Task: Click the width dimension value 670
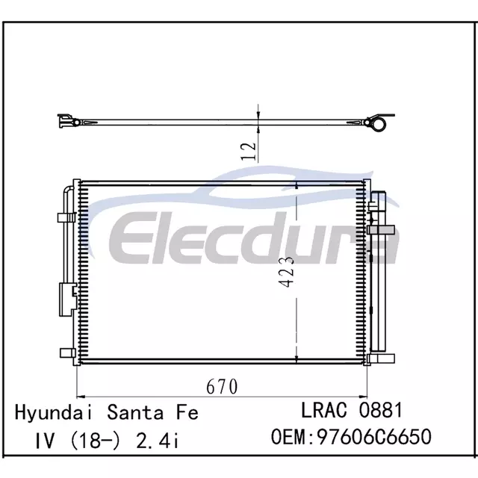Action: point(222,387)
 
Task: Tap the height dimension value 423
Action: point(287,272)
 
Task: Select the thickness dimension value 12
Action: point(249,152)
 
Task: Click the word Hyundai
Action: point(54,413)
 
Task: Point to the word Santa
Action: point(135,412)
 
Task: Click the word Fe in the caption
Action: point(187,412)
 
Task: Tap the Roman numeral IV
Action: point(45,441)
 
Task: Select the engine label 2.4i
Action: point(158,441)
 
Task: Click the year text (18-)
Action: point(96,441)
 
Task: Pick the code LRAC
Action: point(324,410)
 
